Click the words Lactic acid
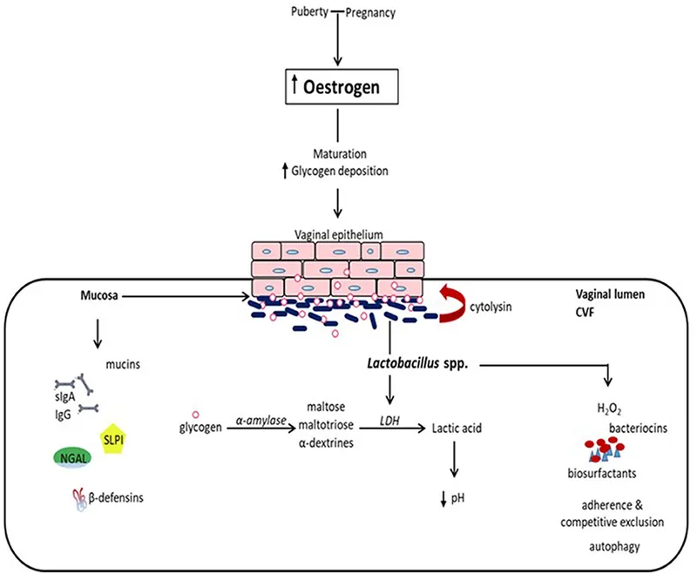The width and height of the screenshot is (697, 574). tap(453, 429)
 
